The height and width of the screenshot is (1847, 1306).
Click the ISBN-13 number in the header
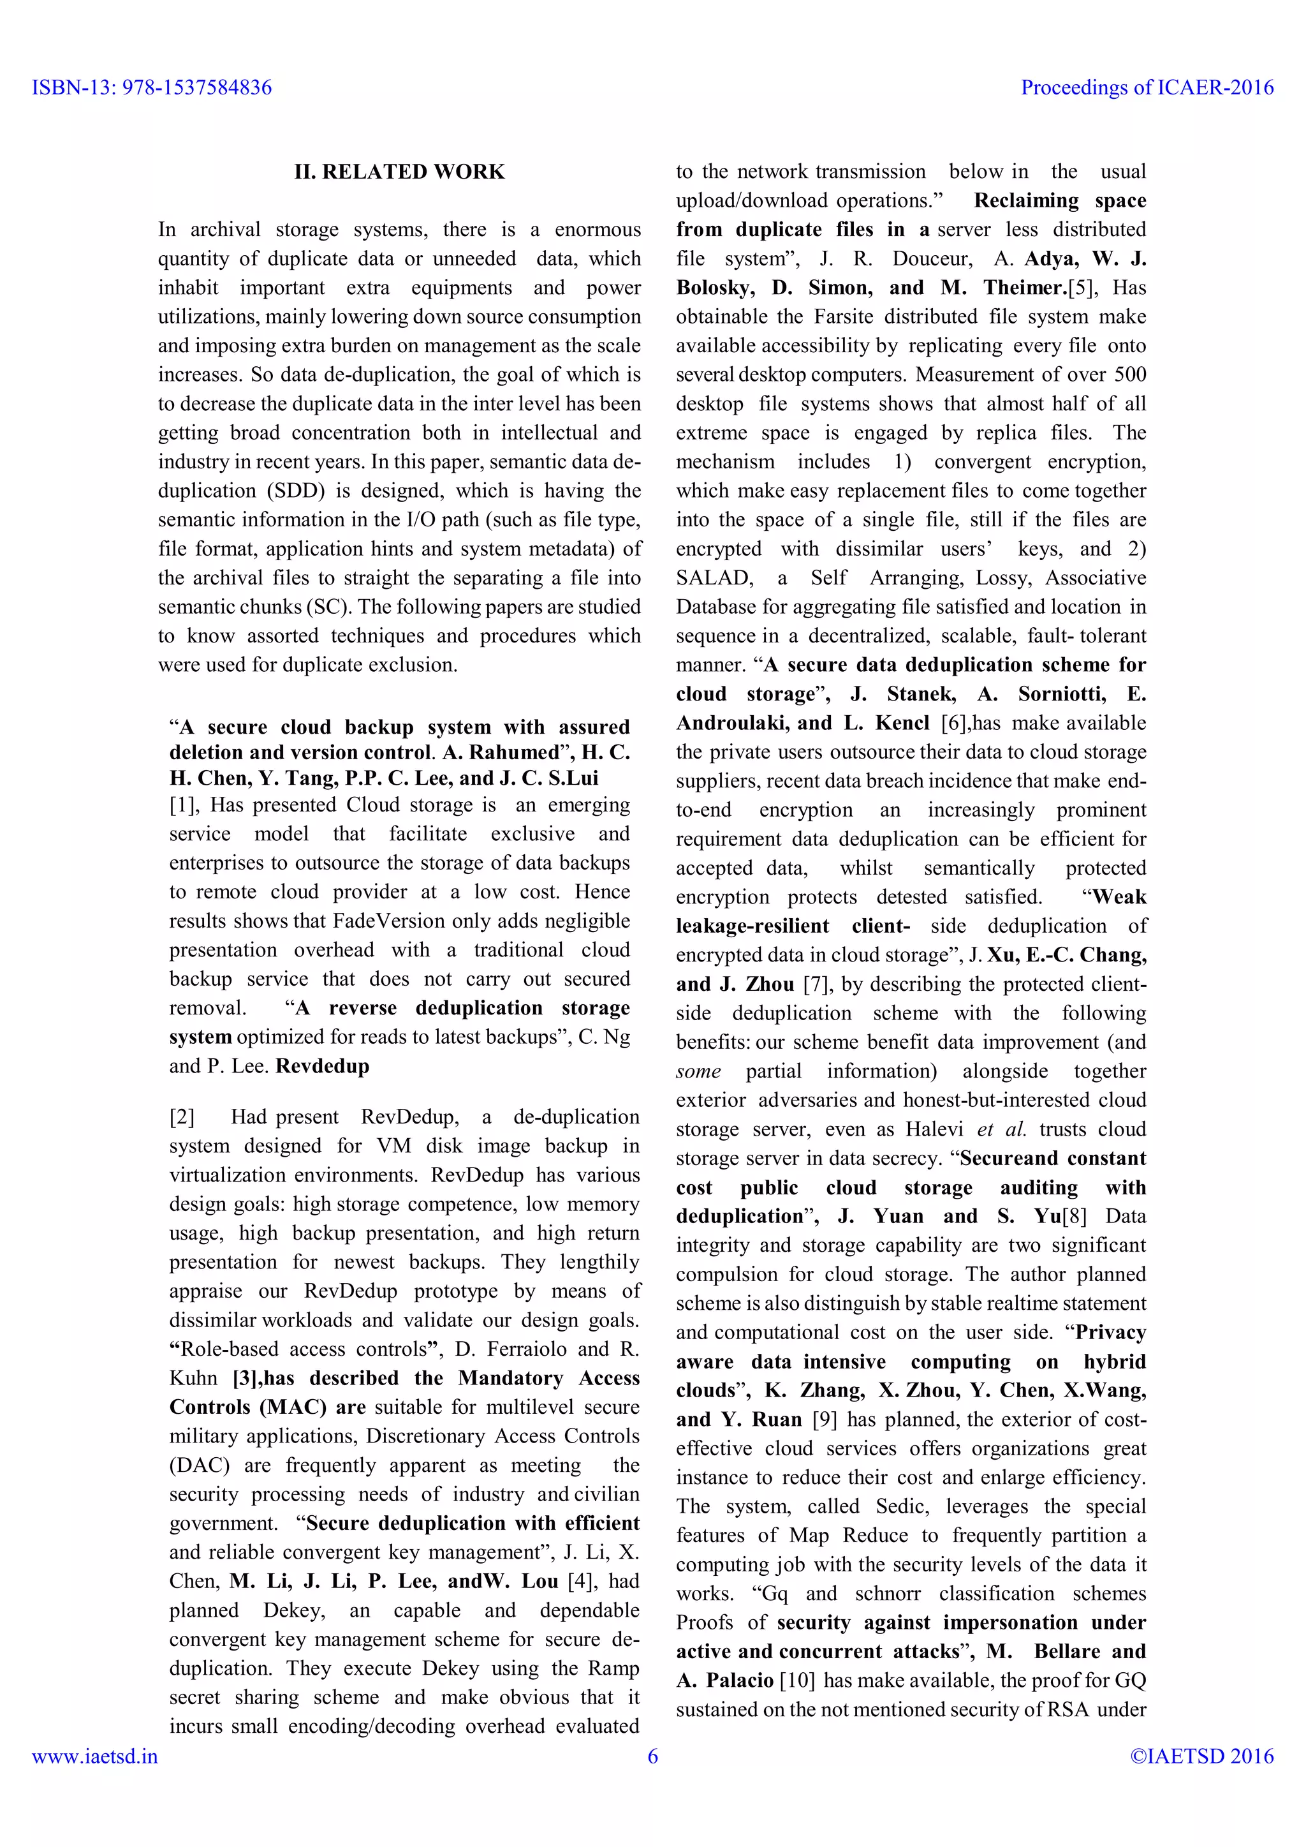coord(151,87)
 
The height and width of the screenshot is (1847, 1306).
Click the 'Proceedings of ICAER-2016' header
coord(1147,87)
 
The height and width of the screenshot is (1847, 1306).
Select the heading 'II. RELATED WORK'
coord(400,172)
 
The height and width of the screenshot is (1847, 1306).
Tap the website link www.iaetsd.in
coord(95,1756)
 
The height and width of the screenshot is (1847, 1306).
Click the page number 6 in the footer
coord(653,1756)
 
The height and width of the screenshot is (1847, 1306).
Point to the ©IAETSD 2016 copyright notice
coord(1201,1756)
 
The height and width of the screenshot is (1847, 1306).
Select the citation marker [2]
coord(182,1117)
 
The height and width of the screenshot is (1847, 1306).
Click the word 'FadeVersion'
coord(389,921)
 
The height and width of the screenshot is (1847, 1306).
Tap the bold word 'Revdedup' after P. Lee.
coord(323,1067)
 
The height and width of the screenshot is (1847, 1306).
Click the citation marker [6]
coord(955,723)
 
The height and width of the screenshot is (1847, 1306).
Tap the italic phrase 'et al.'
coord(1001,1129)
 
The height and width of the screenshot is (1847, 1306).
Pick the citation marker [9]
coord(825,1420)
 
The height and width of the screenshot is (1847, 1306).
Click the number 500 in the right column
coord(1130,375)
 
